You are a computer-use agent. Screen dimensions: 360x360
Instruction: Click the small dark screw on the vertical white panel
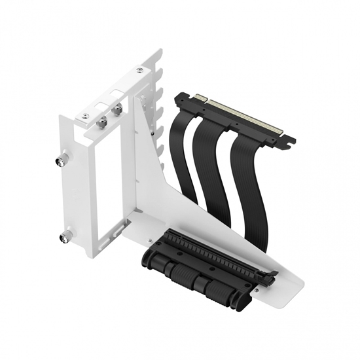[153, 133]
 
